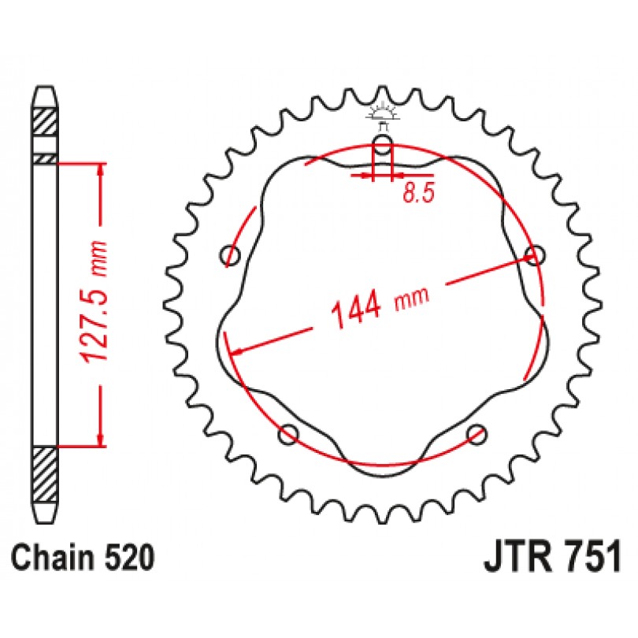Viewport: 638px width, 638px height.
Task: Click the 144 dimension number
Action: (356, 310)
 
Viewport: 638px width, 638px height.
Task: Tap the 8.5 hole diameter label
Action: (419, 192)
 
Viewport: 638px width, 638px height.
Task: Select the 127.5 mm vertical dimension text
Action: (95, 302)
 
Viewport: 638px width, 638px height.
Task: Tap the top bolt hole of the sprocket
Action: (382, 144)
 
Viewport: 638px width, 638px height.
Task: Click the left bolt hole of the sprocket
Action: (230, 255)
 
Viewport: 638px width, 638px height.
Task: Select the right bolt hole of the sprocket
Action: (534, 255)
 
